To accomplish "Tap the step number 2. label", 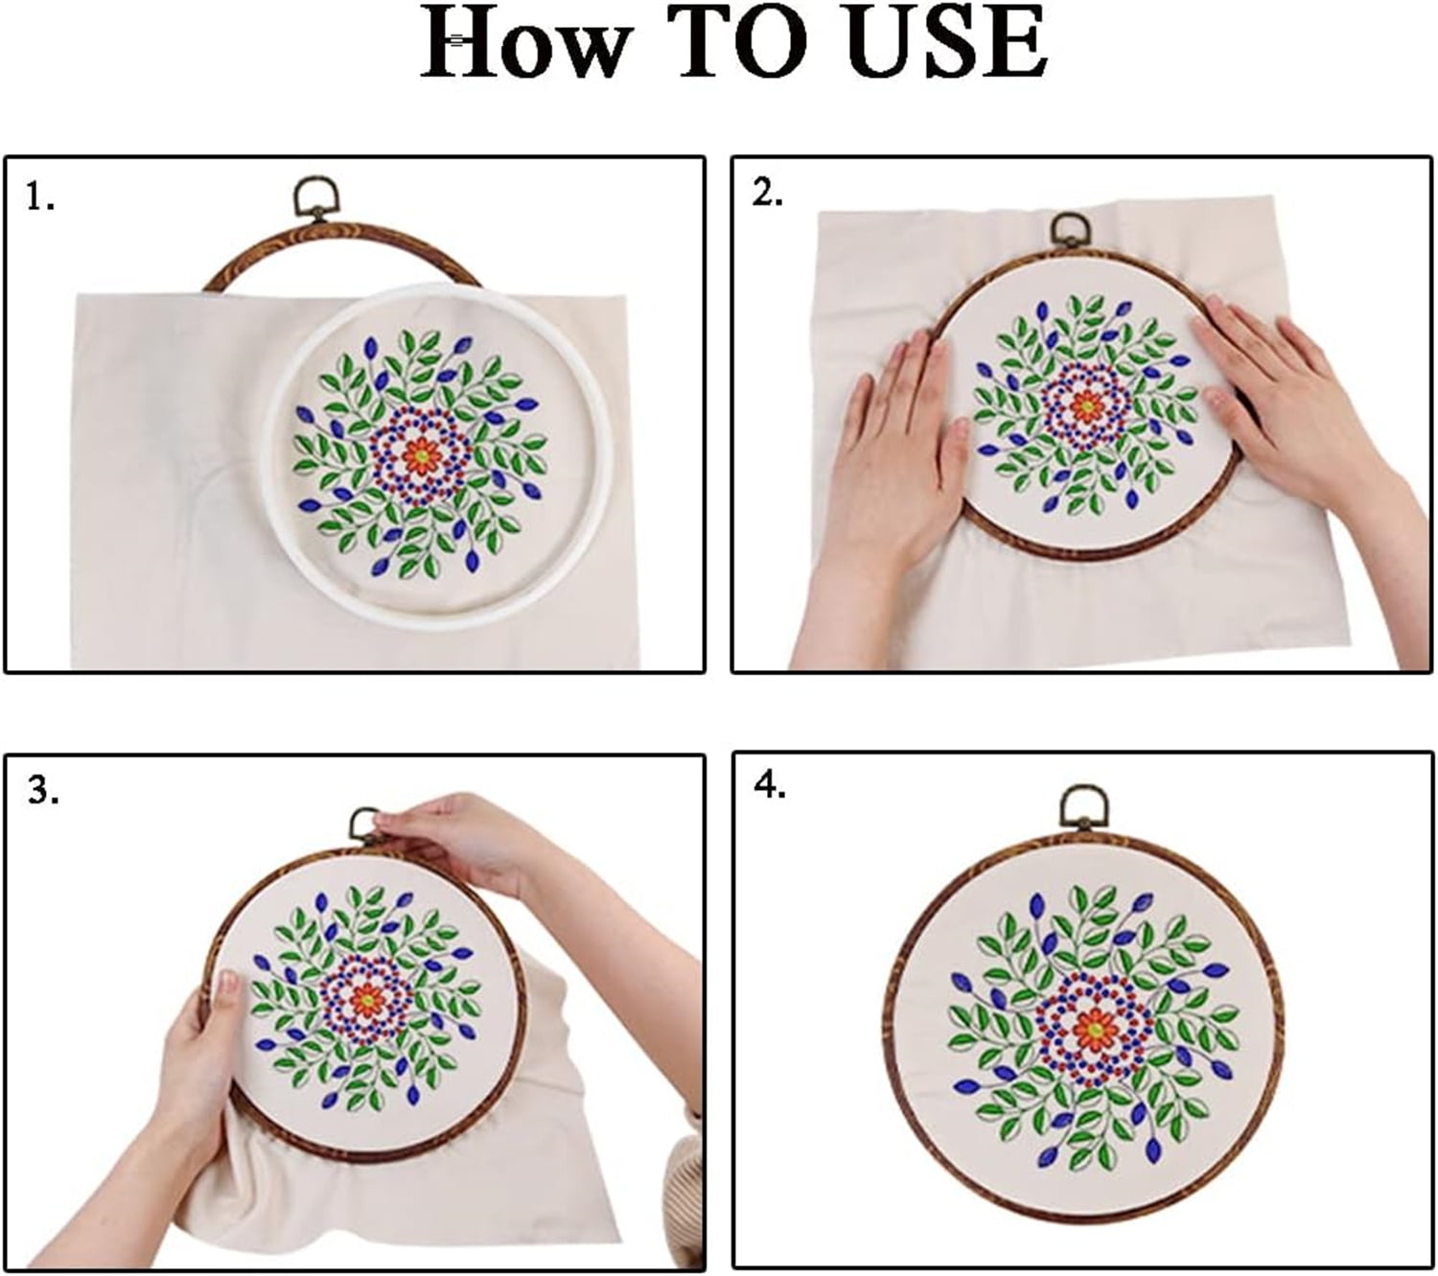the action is (767, 193).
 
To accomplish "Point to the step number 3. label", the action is (43, 790).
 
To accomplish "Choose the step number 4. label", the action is (770, 785).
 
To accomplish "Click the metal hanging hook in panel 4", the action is (1083, 808).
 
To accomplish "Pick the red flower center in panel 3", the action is (367, 999).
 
